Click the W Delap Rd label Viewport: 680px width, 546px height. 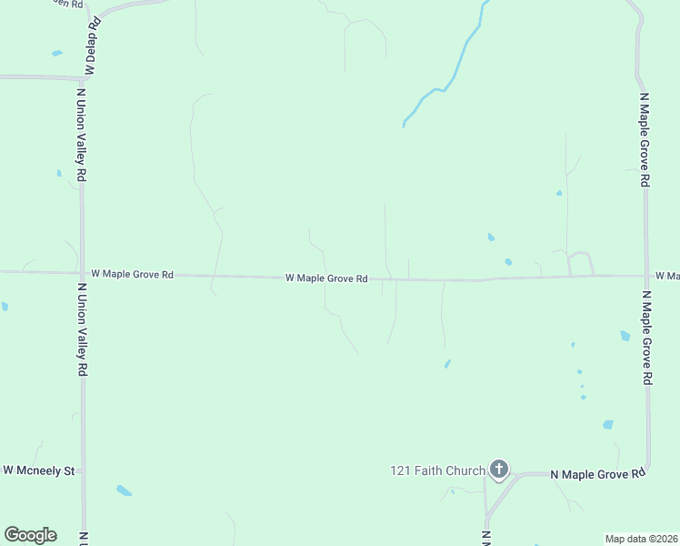point(91,45)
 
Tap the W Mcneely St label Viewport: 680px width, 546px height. point(38,470)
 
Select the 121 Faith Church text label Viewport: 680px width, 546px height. point(437,470)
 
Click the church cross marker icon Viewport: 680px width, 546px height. point(498,470)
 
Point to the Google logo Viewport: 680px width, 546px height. point(30,535)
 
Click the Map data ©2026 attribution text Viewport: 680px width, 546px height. point(642,539)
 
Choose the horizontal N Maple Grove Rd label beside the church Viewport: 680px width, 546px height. point(598,474)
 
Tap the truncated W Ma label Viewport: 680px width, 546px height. point(666,275)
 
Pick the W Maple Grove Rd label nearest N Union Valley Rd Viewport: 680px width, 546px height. point(132,273)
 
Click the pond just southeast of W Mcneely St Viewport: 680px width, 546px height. point(124,491)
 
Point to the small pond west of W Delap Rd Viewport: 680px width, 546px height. point(57,54)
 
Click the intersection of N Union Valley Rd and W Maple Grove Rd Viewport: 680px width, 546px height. point(82,272)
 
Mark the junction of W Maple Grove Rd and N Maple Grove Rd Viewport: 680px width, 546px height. point(646,275)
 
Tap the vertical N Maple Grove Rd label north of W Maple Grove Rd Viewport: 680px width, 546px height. point(644,139)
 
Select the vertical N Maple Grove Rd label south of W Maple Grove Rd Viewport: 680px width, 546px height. point(647,339)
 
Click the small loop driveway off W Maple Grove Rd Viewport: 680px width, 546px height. point(580,263)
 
